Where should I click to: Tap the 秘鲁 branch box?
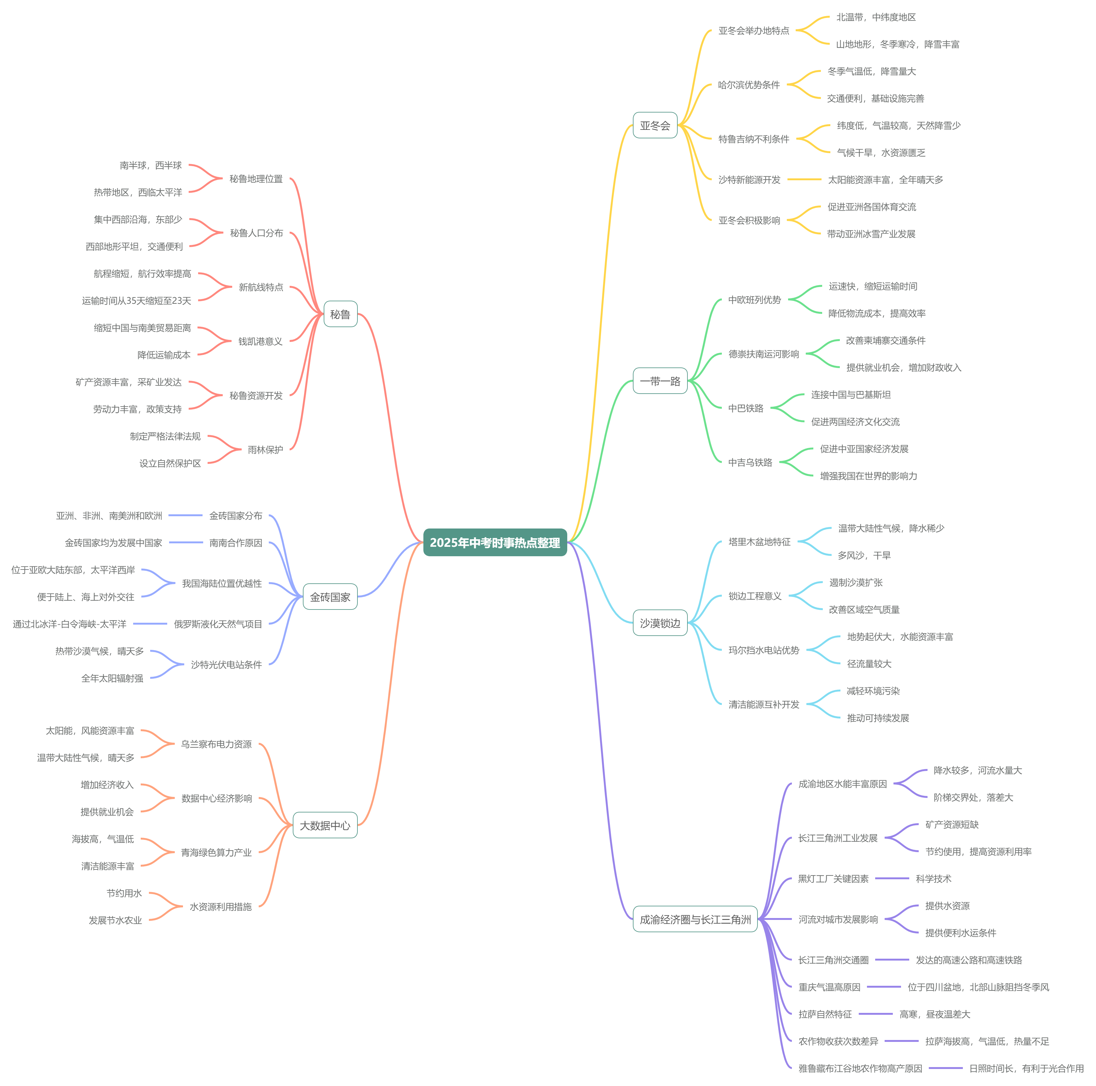tap(340, 314)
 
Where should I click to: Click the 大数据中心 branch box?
tap(325, 825)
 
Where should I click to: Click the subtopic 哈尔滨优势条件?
tap(749, 85)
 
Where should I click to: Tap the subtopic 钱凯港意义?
tap(260, 341)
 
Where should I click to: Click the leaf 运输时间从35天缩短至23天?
tap(137, 300)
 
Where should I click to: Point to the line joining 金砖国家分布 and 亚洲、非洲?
tap(186, 515)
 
